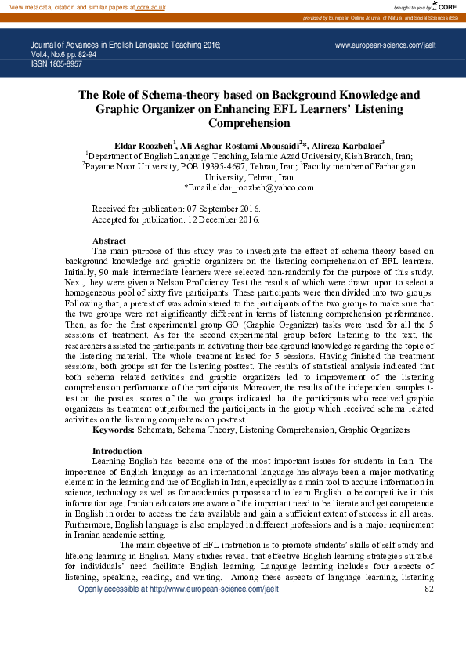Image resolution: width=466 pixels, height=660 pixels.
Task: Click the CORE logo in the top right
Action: tap(445, 6)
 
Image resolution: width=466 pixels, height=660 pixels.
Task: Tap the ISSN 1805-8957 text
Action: tap(56, 63)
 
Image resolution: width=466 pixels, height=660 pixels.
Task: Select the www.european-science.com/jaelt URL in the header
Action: tap(385, 46)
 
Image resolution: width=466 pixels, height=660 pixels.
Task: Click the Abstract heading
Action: tap(109, 241)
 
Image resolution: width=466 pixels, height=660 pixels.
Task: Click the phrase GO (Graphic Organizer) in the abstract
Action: tap(287, 322)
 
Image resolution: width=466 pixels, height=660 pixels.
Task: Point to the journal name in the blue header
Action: tap(125, 46)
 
